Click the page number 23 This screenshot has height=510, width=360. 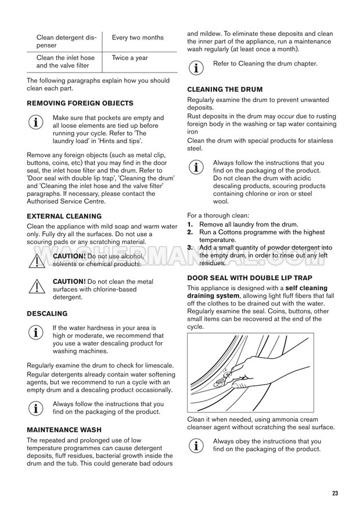coord(335,493)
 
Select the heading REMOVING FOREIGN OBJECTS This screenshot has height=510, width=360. coord(80,103)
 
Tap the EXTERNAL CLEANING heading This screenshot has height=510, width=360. coord(64,216)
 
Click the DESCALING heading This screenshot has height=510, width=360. coord(47,313)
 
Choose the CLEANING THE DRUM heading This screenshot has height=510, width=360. coord(225,89)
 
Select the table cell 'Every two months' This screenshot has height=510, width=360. coord(138,38)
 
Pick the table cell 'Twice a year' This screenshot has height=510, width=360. coord(129,58)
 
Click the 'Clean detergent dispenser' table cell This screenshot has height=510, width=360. coord(64,41)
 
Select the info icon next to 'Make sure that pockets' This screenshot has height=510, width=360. coord(36,122)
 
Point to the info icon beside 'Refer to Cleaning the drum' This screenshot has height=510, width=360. coord(197,68)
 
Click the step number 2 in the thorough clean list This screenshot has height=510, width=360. coord(190,232)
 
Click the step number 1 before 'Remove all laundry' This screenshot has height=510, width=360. coord(190,225)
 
